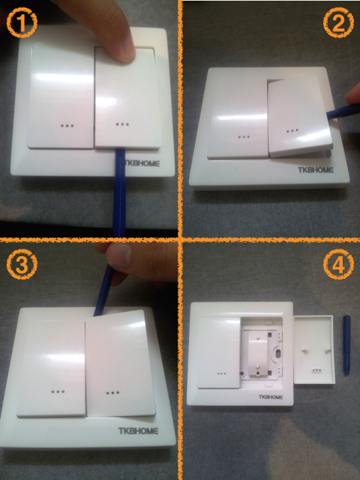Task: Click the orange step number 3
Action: (20, 263)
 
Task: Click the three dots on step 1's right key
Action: (122, 125)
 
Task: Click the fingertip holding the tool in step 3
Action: (119, 258)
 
